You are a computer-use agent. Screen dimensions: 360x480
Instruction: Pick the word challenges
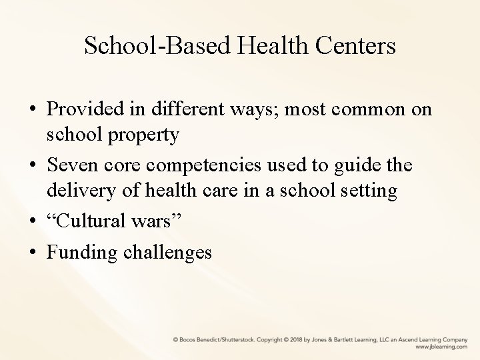tap(167, 252)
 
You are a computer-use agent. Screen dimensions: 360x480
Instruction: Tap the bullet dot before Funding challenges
tap(32, 252)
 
